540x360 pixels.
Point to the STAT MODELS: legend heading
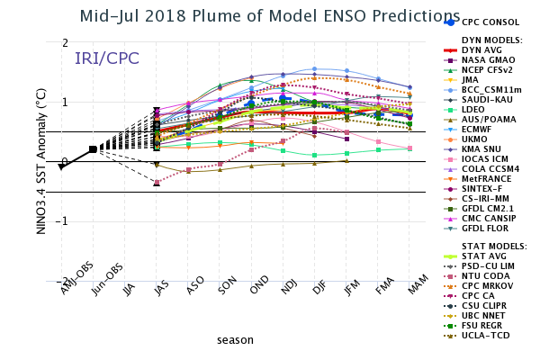(x=494, y=247)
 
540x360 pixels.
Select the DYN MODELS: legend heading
(x=492, y=40)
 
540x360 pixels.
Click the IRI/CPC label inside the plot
(x=107, y=58)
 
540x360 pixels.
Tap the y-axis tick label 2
(x=65, y=42)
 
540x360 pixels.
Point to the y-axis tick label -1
(x=62, y=221)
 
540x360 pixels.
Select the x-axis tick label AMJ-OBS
(x=76, y=278)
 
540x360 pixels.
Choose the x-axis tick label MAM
(x=418, y=284)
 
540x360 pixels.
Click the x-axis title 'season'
(x=235, y=340)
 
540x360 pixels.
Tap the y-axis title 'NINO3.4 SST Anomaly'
(x=41, y=161)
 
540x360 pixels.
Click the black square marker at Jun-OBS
(x=93, y=149)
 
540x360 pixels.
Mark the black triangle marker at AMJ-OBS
(x=61, y=166)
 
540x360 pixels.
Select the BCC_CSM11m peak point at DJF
(x=314, y=69)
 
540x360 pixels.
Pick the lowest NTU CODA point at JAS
(x=157, y=182)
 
